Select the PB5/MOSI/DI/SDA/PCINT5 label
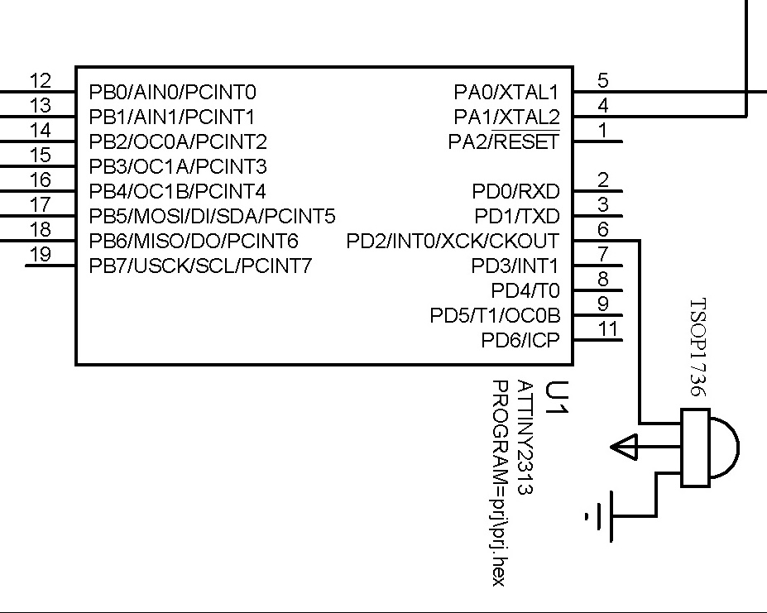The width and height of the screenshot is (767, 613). pyautogui.click(x=212, y=217)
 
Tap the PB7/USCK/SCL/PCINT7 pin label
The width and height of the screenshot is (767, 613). pyautogui.click(x=200, y=266)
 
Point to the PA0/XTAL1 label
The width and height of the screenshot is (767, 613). pyautogui.click(x=506, y=92)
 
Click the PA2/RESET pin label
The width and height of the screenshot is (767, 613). pyautogui.click(x=504, y=142)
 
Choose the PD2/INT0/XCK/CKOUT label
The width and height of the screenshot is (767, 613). pyautogui.click(x=453, y=242)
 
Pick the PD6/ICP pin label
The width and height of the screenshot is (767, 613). pyautogui.click(x=520, y=340)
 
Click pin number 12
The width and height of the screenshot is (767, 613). pyautogui.click(x=41, y=81)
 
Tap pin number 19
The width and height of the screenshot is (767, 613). pyautogui.click(x=41, y=255)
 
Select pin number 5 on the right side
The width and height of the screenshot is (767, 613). pyautogui.click(x=603, y=81)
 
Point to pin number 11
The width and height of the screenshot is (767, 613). pyautogui.click(x=608, y=329)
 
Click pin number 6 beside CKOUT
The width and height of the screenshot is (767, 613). pyautogui.click(x=603, y=230)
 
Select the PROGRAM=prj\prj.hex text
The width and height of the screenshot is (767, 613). pyautogui.click(x=499, y=482)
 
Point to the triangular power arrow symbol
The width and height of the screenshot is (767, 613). pyautogui.click(x=624, y=448)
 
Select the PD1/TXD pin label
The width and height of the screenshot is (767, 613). pyautogui.click(x=517, y=217)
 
